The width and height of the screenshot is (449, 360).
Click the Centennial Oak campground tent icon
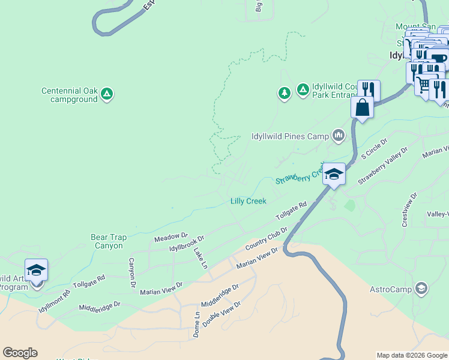point(107,94)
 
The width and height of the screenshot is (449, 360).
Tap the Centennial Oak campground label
point(69,95)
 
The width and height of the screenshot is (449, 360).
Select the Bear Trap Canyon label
point(109,241)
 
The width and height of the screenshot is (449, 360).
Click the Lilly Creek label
point(249,202)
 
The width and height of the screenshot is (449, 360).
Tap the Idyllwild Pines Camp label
point(290,136)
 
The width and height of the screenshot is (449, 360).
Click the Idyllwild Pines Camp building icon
point(339,136)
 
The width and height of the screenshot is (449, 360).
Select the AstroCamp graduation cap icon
point(422,289)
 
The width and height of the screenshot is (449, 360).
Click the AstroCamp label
point(391,290)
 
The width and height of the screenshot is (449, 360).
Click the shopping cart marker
point(424,85)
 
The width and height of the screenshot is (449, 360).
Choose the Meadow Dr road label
point(171,238)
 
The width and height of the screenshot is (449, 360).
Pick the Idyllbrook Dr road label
point(187,243)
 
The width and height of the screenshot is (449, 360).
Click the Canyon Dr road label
point(132,273)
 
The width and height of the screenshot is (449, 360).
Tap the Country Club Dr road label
point(267,239)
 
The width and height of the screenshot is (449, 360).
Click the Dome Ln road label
point(196,325)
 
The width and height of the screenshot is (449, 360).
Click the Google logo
point(20,353)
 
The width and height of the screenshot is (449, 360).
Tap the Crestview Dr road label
point(409,209)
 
